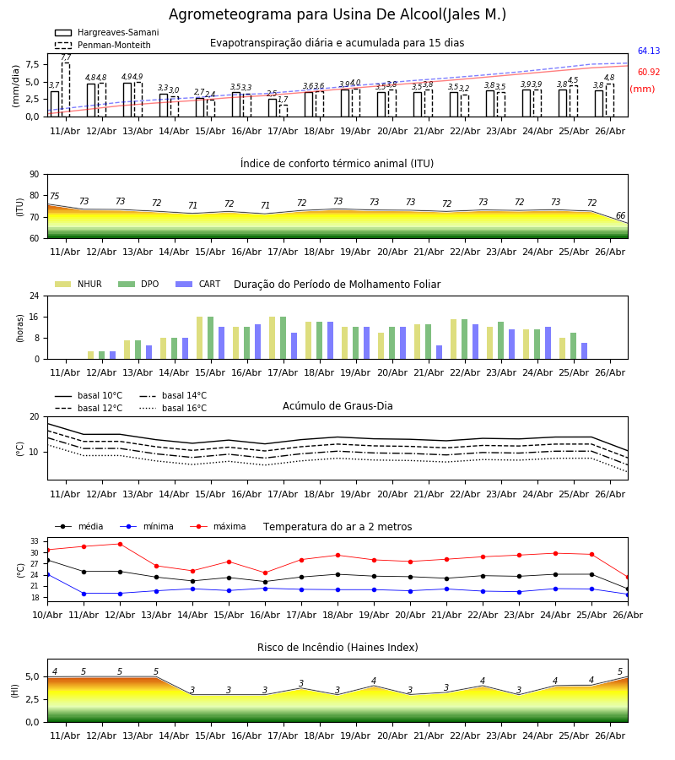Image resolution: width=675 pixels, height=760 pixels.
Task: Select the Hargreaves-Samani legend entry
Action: (106, 32)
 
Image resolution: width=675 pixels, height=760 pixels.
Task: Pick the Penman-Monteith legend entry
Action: (103, 45)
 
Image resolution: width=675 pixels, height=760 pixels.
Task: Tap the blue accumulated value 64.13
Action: (649, 51)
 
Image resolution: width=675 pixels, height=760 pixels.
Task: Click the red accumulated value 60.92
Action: (649, 73)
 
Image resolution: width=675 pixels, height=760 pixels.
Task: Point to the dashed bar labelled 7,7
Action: (65, 90)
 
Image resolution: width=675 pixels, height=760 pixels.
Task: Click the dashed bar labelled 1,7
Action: (283, 111)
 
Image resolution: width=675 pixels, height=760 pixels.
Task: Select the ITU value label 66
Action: (620, 215)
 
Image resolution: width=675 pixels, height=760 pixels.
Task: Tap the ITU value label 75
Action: (54, 196)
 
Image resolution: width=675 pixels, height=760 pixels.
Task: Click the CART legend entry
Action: (198, 284)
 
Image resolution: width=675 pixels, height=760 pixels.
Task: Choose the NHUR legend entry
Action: (78, 284)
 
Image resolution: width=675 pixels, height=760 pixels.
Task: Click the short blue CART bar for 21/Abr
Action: (440, 352)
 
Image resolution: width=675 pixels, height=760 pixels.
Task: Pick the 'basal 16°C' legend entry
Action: (173, 408)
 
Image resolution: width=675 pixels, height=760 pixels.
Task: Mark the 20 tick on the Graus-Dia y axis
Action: (34, 417)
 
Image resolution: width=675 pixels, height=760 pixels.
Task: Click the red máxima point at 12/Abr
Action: (120, 544)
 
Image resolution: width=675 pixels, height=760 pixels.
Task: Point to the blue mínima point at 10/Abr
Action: (47, 574)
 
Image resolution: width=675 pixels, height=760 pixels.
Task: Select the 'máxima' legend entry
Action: (218, 526)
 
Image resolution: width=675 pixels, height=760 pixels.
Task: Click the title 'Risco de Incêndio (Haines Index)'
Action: (337, 648)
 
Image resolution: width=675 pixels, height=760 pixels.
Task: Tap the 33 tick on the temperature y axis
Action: (35, 541)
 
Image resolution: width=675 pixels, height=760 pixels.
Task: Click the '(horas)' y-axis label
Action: (20, 328)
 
